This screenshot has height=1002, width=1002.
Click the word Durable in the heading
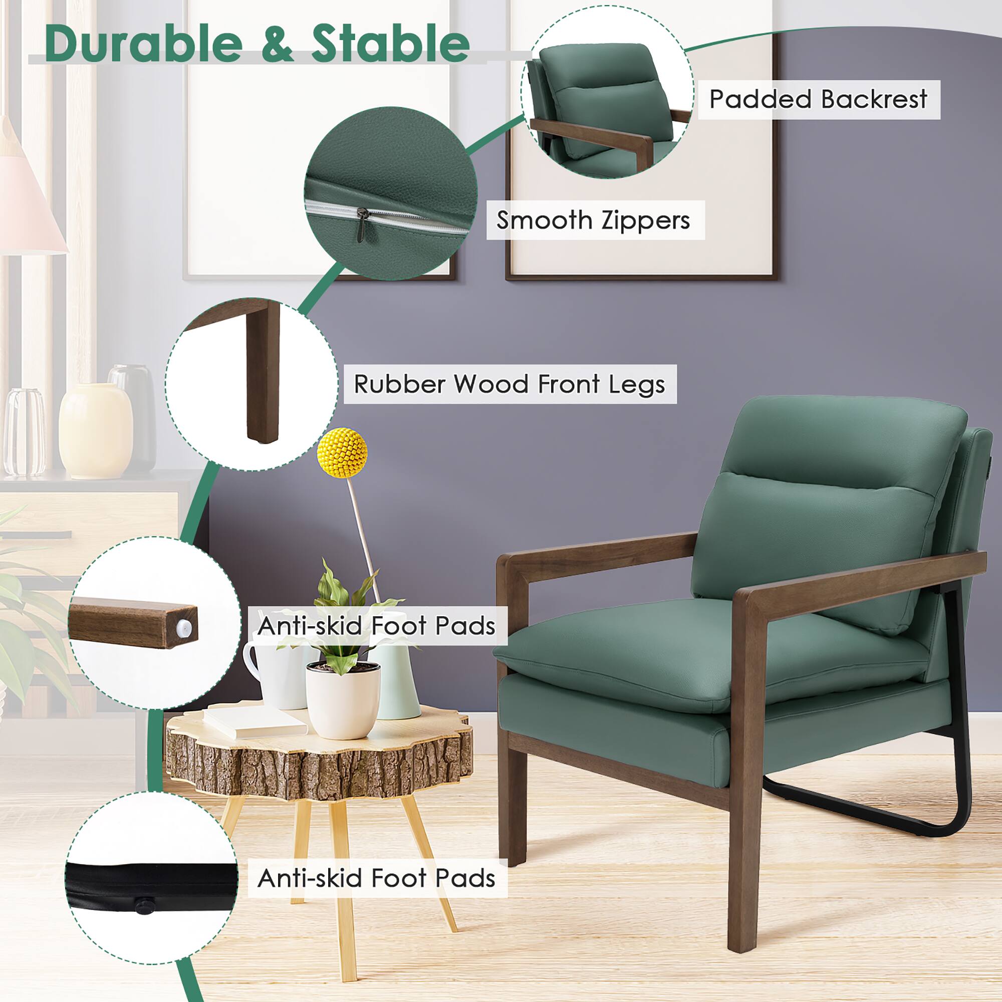143,44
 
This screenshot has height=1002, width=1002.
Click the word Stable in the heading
390,44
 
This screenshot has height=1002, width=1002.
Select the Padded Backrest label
818,99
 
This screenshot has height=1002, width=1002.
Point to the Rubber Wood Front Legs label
510,384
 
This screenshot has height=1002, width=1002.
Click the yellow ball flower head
342,452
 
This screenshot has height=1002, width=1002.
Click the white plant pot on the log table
342,700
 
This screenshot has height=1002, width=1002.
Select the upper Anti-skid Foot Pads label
377,626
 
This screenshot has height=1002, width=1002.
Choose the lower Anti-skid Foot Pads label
377,878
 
